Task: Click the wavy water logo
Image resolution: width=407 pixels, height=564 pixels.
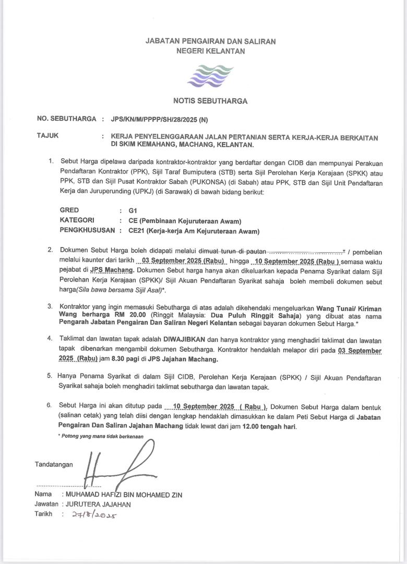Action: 210,76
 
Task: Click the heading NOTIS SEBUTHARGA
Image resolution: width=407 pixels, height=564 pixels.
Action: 210,101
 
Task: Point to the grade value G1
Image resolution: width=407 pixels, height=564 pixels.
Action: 125,210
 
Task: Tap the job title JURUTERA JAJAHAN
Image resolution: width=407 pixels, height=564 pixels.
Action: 98,504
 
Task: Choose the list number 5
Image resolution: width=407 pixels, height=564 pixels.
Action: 49,376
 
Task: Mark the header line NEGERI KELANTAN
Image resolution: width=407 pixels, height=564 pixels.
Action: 210,51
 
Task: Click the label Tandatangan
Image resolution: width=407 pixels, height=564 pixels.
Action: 54,464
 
